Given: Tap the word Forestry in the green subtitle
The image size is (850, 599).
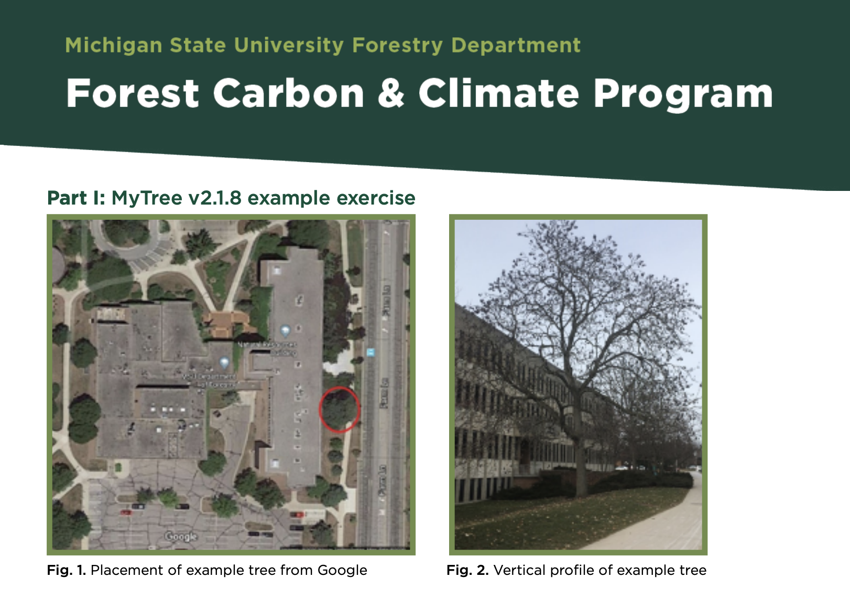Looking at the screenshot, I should click(x=397, y=46).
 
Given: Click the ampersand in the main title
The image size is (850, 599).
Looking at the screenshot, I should click(x=391, y=93).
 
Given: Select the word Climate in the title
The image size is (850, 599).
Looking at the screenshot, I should click(x=498, y=93).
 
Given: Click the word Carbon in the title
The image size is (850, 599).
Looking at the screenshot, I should click(x=288, y=93).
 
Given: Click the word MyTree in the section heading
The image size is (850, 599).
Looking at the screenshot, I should click(x=147, y=198).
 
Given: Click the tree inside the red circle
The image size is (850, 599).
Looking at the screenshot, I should click(x=339, y=409).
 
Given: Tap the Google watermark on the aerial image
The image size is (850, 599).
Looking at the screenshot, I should click(x=181, y=536).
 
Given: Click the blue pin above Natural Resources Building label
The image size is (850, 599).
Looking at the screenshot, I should click(x=285, y=330).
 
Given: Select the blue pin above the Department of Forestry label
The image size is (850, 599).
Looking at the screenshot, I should click(x=224, y=362).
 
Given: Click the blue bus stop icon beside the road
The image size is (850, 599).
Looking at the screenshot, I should click(x=371, y=352).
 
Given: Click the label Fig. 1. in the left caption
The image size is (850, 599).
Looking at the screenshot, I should click(x=66, y=570).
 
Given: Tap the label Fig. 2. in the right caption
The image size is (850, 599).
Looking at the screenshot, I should click(x=467, y=570).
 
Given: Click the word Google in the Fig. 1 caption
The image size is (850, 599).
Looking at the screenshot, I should click(x=342, y=570).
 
